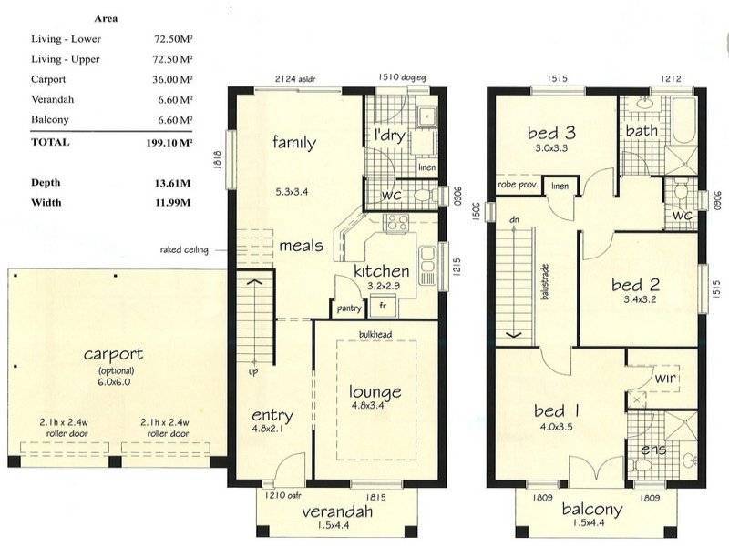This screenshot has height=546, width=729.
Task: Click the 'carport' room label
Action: (x=117, y=354)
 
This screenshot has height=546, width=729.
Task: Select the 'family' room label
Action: (x=294, y=142)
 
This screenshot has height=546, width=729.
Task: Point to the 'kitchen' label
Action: (x=381, y=271)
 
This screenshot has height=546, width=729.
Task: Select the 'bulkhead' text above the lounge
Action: (x=375, y=335)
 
